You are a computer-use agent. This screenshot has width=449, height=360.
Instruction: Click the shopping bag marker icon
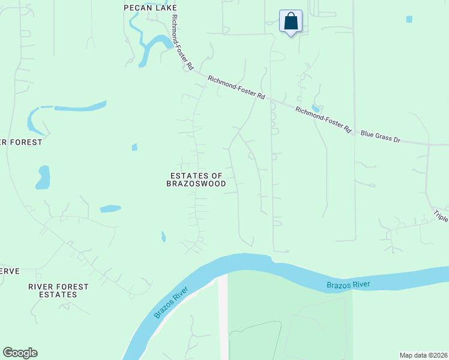[x=291, y=22]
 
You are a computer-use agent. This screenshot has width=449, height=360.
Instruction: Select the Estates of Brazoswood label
[x=196, y=179]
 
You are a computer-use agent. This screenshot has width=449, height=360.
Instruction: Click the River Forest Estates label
[x=59, y=291]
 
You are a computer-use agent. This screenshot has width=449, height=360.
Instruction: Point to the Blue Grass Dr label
[x=380, y=136]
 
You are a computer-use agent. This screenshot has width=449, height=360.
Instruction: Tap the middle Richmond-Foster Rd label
[x=237, y=87]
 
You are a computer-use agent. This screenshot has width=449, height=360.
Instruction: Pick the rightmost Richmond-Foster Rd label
[x=323, y=119]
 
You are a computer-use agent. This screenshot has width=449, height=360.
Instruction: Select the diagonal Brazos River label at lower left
[x=171, y=303]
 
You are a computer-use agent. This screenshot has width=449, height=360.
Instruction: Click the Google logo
[x=20, y=353]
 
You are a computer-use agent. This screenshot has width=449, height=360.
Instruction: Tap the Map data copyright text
[x=423, y=355]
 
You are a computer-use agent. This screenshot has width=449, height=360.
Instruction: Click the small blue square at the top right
[x=409, y=19]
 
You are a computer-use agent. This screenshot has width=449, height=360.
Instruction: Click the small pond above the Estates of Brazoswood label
[x=134, y=147]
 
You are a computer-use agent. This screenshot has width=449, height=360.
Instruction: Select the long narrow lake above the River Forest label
[x=78, y=108]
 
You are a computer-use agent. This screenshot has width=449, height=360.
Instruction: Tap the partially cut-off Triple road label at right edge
[x=441, y=217]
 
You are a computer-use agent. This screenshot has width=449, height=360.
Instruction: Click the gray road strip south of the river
[x=223, y=318]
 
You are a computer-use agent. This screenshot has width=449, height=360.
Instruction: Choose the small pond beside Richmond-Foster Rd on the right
[x=316, y=108]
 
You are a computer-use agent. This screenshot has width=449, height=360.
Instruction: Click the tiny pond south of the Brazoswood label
[x=163, y=237]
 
